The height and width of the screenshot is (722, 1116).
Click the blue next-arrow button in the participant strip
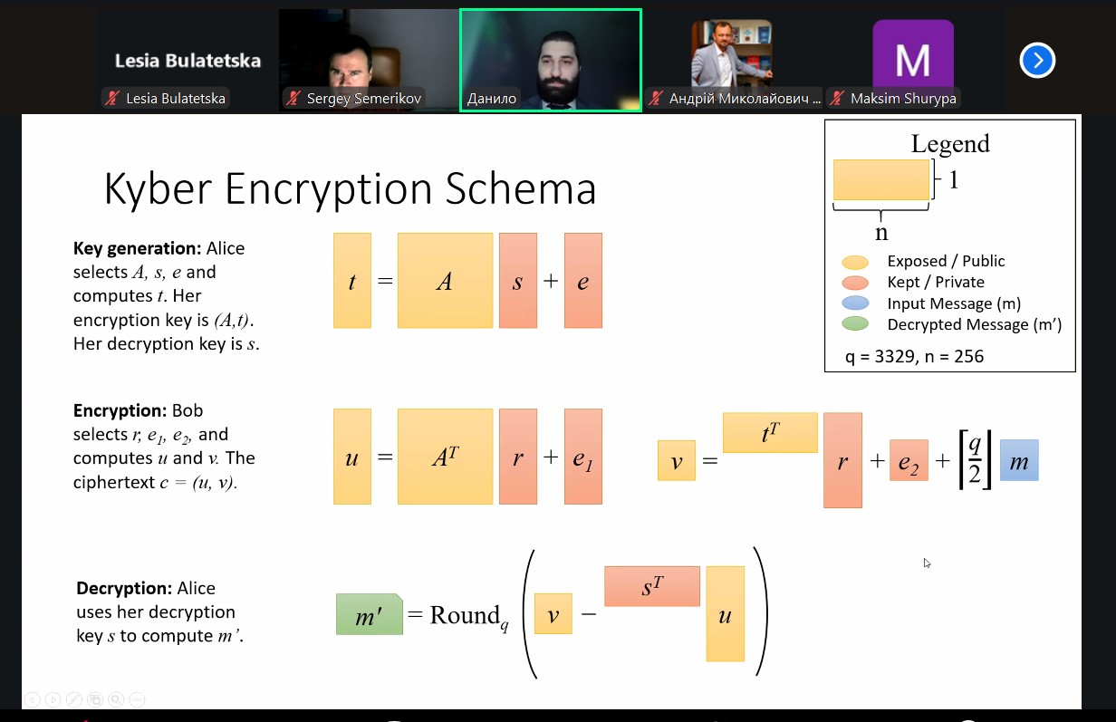(1037, 61)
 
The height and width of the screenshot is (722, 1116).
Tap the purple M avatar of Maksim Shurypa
(912, 59)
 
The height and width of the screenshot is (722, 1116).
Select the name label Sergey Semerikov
(363, 99)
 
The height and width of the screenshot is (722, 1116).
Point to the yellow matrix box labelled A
(445, 281)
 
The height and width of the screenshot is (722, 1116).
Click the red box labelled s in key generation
(518, 281)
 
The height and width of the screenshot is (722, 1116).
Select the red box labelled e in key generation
(582, 281)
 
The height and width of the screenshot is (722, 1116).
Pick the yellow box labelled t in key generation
(352, 281)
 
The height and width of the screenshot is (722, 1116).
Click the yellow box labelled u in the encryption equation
(352, 457)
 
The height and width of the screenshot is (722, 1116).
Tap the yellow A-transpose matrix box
(445, 457)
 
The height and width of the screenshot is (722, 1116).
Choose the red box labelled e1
(582, 457)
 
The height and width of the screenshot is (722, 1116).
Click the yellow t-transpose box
(770, 432)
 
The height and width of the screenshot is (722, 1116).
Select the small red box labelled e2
(909, 460)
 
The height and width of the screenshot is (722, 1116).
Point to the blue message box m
(1019, 460)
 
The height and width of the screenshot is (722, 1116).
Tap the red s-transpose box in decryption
(652, 586)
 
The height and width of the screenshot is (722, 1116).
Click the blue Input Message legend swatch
(855, 303)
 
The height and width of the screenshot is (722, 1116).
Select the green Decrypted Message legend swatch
(855, 324)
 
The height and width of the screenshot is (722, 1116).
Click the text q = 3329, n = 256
(914, 356)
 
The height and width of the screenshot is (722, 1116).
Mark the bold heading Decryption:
(124, 589)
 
